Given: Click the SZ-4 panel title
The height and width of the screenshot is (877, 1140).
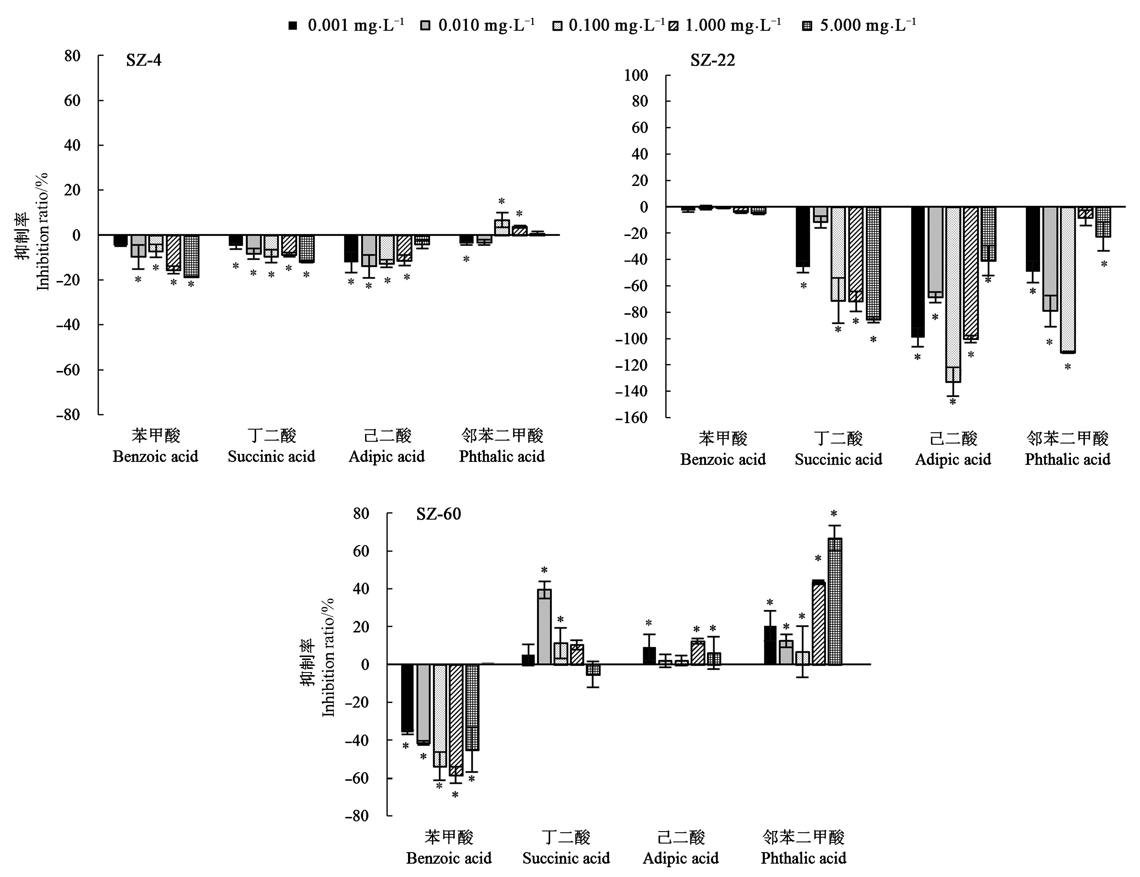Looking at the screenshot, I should [x=144, y=61].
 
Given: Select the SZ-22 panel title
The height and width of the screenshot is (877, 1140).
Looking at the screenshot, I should [x=712, y=61].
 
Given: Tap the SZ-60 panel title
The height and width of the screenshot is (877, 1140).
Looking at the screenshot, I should [x=439, y=514].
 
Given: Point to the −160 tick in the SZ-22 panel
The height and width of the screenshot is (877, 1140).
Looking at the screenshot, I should [x=632, y=417].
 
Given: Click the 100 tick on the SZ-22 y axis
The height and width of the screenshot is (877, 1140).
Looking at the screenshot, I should [x=636, y=76].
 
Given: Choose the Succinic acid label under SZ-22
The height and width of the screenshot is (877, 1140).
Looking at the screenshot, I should [x=838, y=460].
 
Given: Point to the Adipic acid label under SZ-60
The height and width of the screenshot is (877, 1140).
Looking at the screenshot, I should [x=681, y=858].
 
